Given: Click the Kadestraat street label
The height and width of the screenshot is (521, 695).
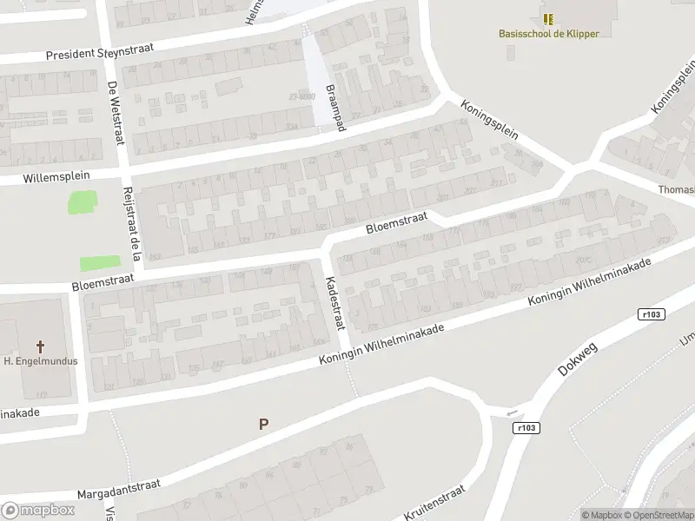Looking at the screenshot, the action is (334, 303).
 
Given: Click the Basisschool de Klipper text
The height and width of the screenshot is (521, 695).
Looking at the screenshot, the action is (549, 34).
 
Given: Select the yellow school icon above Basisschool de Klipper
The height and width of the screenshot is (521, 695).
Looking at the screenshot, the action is (549, 18).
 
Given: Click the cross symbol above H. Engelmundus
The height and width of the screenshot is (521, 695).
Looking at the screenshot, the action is (41, 345).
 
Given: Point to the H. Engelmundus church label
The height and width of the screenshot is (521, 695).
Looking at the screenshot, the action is (41, 360).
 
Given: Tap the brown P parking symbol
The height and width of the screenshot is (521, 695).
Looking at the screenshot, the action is (263, 424).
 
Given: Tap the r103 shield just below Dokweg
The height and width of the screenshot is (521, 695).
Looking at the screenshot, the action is (526, 427).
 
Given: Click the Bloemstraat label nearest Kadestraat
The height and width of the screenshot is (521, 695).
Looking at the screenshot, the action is (394, 225).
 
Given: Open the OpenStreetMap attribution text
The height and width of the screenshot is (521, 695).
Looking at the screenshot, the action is (655, 515).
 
